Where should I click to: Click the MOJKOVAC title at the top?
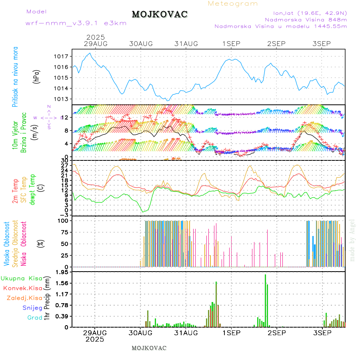click(160, 14)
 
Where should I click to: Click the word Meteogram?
click(233, 4)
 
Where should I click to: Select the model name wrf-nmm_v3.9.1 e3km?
click(76, 23)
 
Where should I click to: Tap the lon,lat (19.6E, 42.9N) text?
click(310, 12)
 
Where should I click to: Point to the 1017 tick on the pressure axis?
click(62, 56)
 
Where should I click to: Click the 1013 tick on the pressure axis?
click(62, 99)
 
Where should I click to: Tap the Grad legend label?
click(35, 318)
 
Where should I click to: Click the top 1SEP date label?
click(232, 44)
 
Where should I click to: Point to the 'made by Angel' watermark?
click(352, 240)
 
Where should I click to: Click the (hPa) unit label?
click(37, 76)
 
